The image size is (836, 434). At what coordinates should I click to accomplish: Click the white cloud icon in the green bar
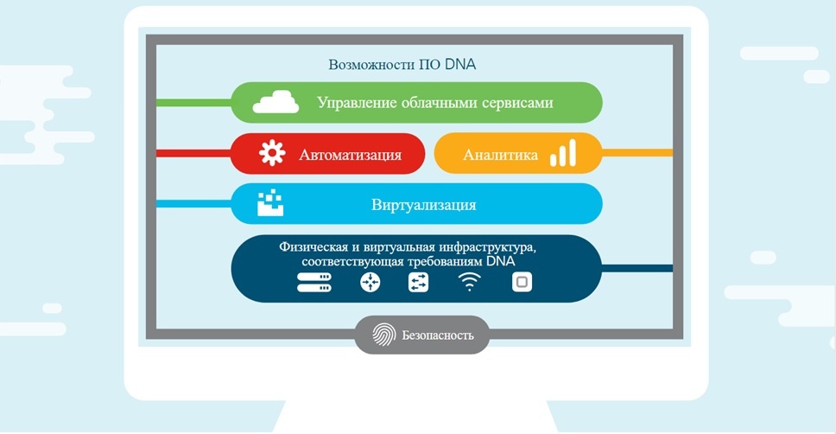pyautogui.click(x=275, y=102)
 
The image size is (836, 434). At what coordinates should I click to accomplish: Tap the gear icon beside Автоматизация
pyautogui.click(x=272, y=154)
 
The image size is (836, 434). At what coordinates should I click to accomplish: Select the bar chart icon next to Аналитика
pyautogui.click(x=563, y=154)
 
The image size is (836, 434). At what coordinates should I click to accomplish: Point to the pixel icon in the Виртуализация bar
pyautogui.click(x=270, y=204)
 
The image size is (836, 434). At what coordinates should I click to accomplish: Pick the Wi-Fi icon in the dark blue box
pyautogui.click(x=470, y=282)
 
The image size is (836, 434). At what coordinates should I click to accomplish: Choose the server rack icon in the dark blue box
pyautogui.click(x=314, y=282)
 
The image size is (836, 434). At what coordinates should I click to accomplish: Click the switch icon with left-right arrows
pyautogui.click(x=418, y=282)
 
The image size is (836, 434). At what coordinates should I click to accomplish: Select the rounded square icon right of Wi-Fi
pyautogui.click(x=521, y=282)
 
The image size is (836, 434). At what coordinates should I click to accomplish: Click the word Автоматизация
pyautogui.click(x=350, y=155)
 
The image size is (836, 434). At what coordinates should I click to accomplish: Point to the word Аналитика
pyautogui.click(x=500, y=156)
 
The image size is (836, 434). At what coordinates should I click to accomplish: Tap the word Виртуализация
pyautogui.click(x=423, y=206)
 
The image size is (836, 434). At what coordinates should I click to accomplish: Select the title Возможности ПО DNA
pyautogui.click(x=402, y=65)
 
